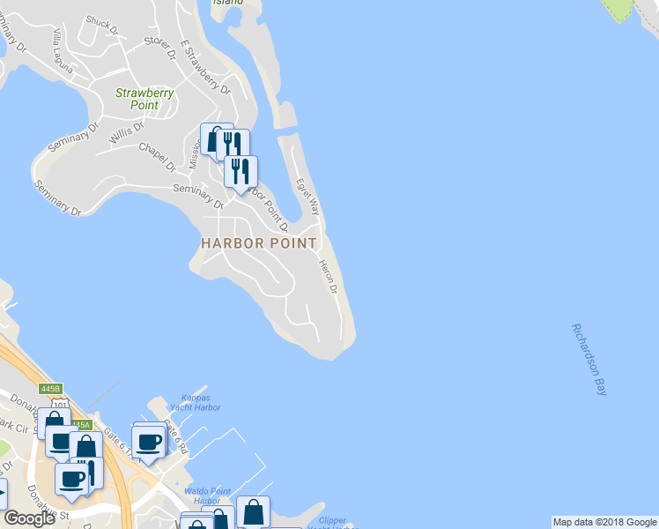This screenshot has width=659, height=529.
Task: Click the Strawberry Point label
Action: (x=144, y=99)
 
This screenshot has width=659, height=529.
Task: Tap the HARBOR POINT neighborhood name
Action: (x=258, y=242)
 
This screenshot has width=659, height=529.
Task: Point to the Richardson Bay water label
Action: (x=589, y=360)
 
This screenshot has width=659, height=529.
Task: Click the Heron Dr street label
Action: (x=329, y=277)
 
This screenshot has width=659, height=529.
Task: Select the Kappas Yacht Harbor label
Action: (x=195, y=402)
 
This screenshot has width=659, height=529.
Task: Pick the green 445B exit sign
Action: (x=51, y=389)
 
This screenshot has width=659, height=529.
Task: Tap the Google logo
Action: (x=29, y=518)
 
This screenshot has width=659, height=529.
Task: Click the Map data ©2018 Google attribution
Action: (x=604, y=522)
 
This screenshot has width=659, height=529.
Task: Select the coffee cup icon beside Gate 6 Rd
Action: (x=148, y=441)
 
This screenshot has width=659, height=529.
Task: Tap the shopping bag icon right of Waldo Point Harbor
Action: (x=253, y=510)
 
